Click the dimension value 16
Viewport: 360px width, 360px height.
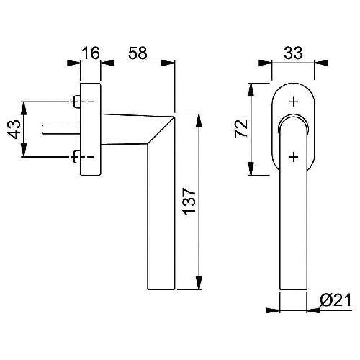91,53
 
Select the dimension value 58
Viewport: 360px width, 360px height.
138,53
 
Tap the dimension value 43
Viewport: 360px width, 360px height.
14,130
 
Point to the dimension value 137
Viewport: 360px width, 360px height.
189,201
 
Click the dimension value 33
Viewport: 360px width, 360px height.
293,53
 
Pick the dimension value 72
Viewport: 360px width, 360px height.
240,128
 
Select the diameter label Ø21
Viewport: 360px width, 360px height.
336,300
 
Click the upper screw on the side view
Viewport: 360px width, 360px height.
76,102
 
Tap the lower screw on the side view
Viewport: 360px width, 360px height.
76,157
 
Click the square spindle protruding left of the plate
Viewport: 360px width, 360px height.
61,130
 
